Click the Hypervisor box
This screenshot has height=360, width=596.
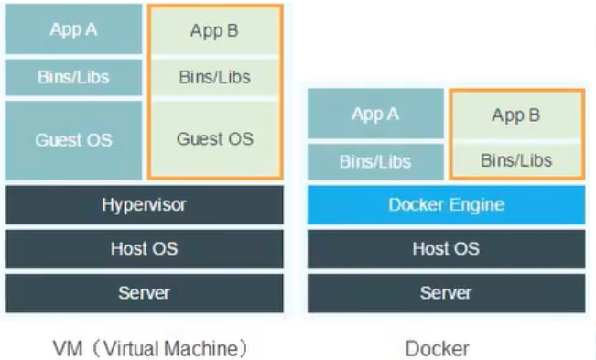[145, 205]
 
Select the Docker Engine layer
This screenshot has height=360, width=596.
[446, 205]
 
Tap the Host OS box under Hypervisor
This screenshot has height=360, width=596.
[145, 249]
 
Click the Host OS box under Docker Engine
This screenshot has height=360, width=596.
[446, 249]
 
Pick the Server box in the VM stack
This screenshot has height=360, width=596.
[145, 293]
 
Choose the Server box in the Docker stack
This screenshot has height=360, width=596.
[446, 293]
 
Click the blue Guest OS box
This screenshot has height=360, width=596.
[74, 140]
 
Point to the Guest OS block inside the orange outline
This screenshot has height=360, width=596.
[215, 138]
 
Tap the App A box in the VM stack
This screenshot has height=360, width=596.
[74, 29]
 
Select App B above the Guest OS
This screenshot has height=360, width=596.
[215, 30]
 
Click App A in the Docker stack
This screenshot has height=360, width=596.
[375, 114]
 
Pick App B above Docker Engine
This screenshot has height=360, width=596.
[516, 115]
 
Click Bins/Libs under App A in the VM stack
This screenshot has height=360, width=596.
[74, 77]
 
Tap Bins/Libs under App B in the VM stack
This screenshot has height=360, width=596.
[215, 77]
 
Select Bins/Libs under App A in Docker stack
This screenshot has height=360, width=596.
[375, 161]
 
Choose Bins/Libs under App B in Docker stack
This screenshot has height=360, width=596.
[516, 160]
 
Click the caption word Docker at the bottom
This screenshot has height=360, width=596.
[438, 349]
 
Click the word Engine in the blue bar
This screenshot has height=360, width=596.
[476, 205]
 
